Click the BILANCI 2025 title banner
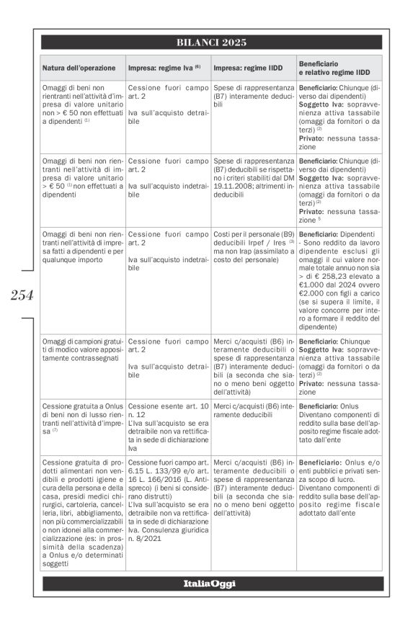click(x=211, y=42)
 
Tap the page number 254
click(x=21, y=294)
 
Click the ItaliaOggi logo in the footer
click(x=211, y=582)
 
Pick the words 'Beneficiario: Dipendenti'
click(x=336, y=234)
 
